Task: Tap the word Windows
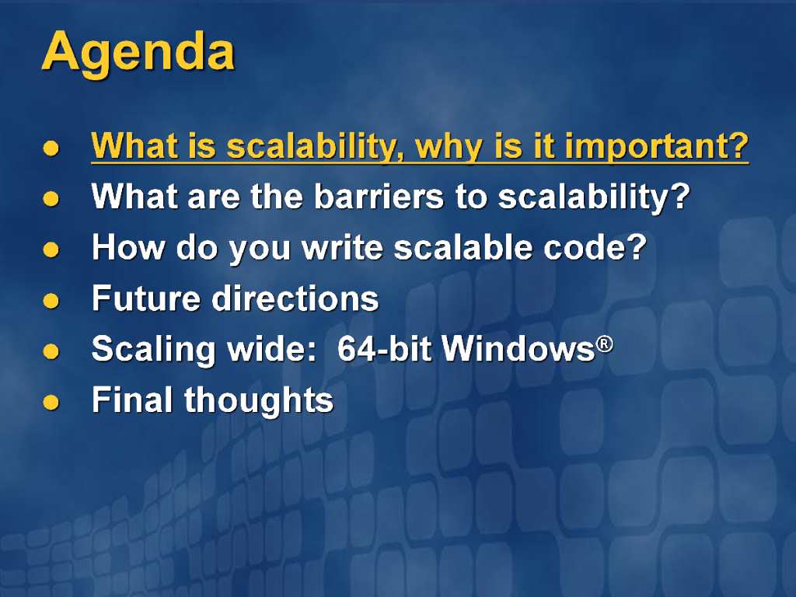[518, 349]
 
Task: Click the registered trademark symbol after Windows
[605, 344]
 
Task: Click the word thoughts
[258, 401]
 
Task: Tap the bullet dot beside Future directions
[51, 301]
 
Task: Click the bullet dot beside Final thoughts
[51, 402]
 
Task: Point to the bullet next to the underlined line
[51, 148]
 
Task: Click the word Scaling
[153, 351]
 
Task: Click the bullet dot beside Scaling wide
[51, 351]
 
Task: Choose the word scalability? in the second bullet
[594, 197]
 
